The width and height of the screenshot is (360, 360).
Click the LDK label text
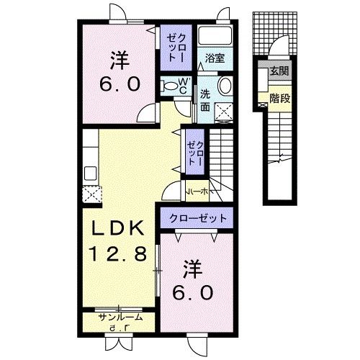(x=120, y=230)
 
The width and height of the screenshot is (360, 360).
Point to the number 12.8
(x=120, y=253)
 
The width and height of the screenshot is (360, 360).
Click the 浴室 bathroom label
(x=215, y=58)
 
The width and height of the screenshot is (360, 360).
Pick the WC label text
(x=184, y=84)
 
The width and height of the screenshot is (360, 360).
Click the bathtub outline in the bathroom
(x=214, y=36)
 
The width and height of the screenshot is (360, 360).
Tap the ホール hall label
(x=198, y=192)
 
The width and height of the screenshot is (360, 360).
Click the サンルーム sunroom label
(x=121, y=317)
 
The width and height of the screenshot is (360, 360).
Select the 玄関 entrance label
(x=279, y=71)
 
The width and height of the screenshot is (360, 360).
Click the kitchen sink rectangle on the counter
(x=91, y=173)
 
